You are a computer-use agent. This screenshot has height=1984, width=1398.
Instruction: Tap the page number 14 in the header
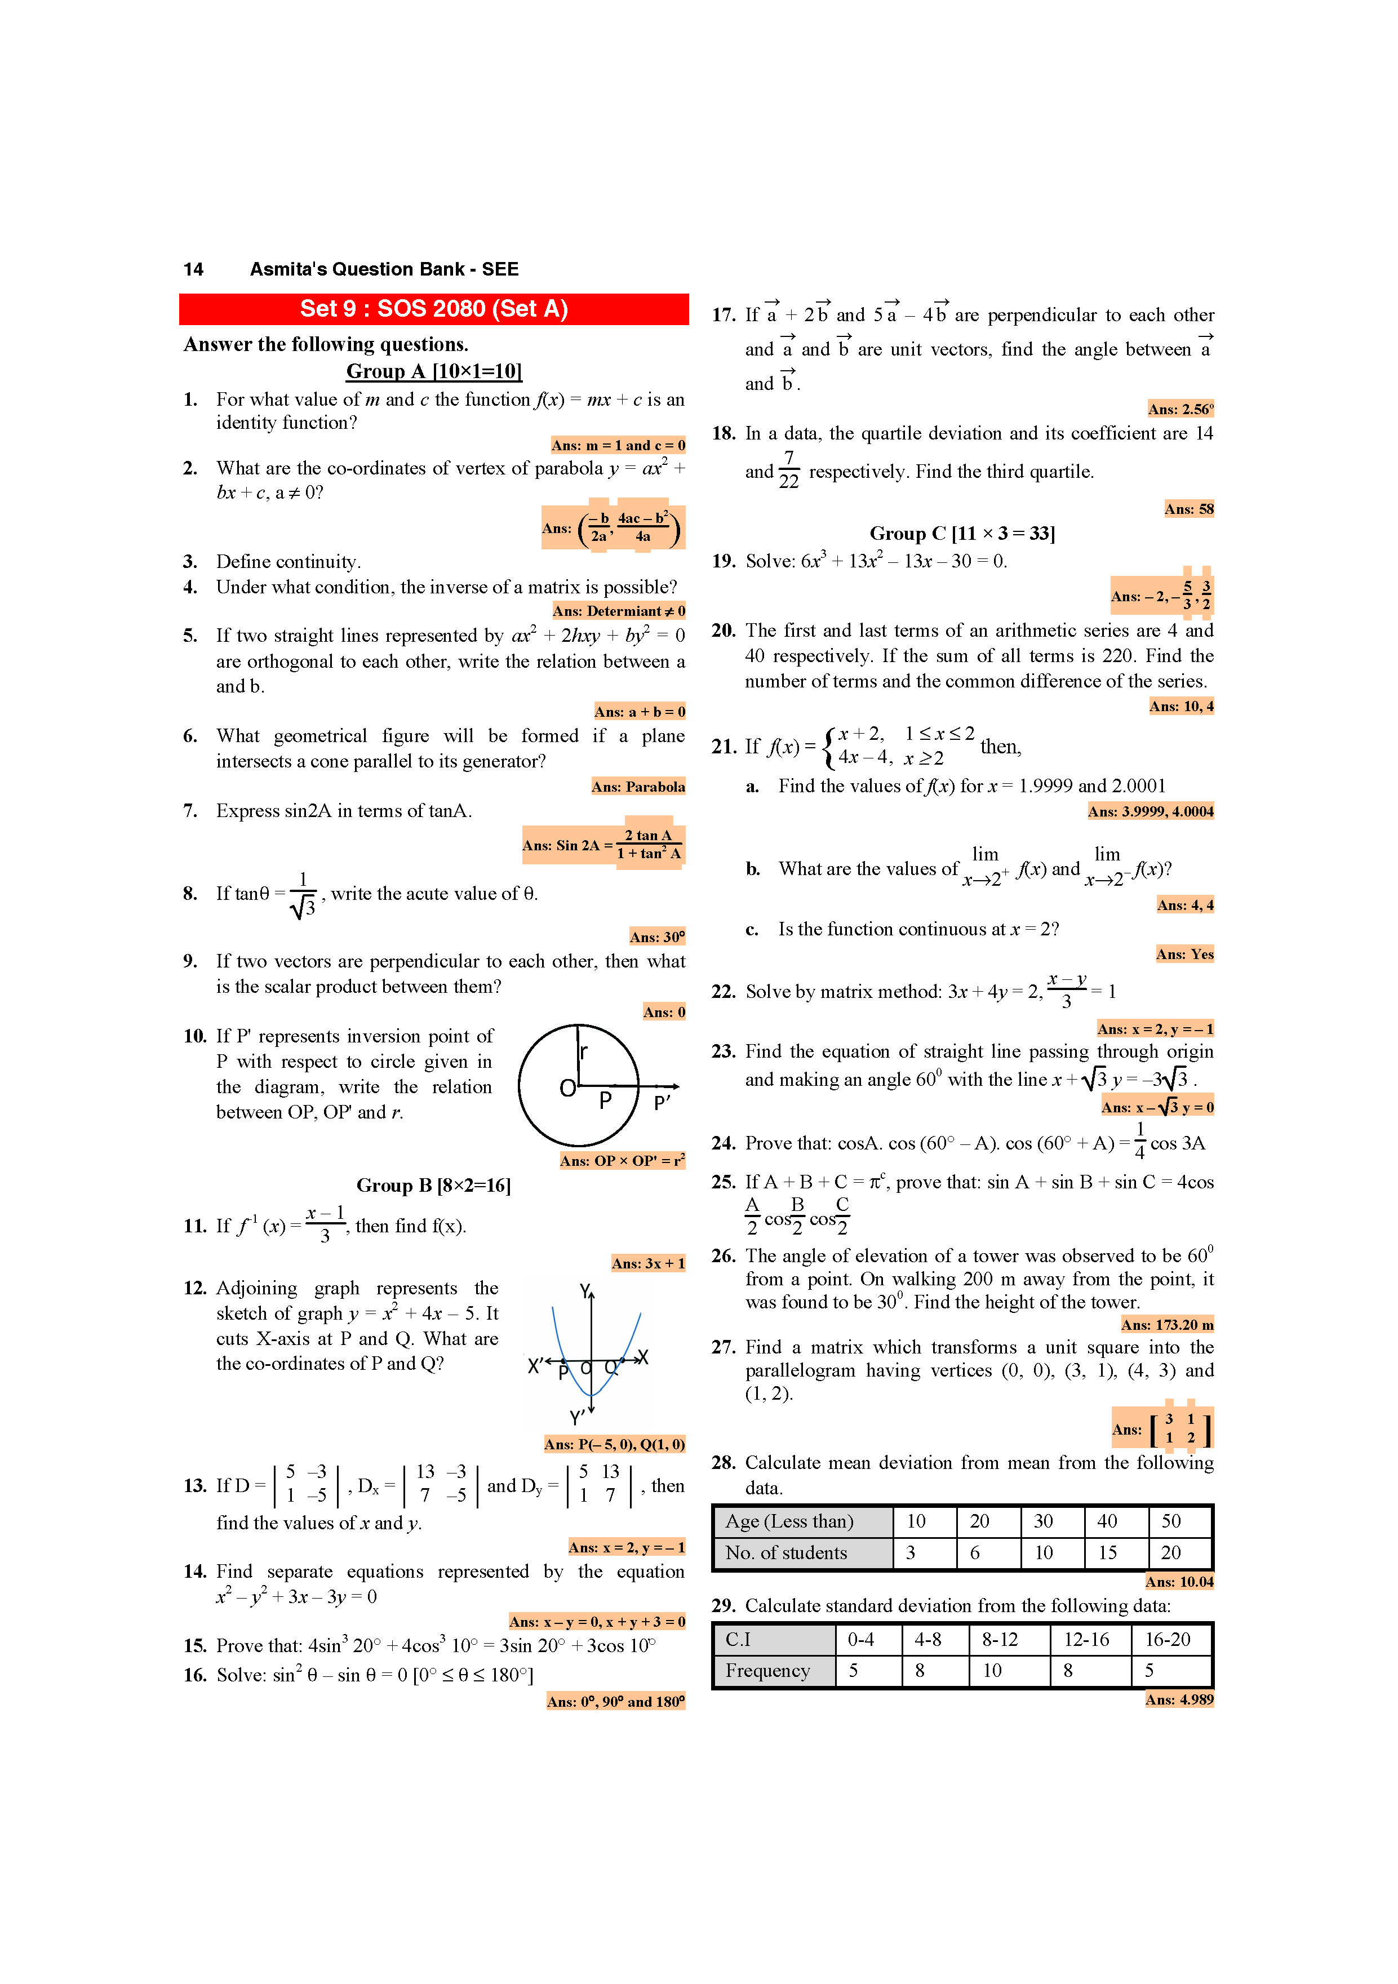point(193,269)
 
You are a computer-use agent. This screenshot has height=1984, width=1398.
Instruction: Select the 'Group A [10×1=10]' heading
point(434,371)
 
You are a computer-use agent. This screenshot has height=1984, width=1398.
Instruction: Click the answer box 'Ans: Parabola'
point(638,787)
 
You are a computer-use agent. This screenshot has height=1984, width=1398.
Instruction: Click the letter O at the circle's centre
point(567,1088)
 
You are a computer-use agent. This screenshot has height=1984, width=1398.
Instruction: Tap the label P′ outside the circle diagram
point(662,1103)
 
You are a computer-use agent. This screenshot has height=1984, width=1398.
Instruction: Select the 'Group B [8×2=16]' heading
point(434,1186)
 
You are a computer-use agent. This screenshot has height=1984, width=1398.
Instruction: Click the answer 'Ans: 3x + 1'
point(648,1263)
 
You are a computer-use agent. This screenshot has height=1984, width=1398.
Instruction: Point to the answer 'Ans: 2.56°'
point(1180,409)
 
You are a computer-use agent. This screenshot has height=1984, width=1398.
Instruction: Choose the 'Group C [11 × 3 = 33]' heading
point(962,533)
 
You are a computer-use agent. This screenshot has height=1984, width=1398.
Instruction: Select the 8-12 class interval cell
point(1000,1639)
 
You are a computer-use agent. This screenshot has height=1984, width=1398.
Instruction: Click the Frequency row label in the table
point(767,1670)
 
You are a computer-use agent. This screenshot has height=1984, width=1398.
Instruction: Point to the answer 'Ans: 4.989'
point(1179,1699)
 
